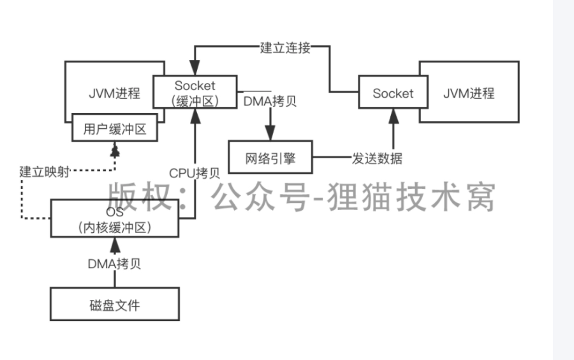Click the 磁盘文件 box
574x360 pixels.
[x=115, y=304]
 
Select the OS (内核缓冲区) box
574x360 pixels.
[x=115, y=219]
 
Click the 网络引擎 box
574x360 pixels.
[x=270, y=158]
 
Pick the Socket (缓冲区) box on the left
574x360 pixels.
[x=195, y=93]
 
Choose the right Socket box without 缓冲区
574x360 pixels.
[x=393, y=93]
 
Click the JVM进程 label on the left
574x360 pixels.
[x=114, y=93]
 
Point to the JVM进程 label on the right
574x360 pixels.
[x=469, y=93]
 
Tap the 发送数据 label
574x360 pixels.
[x=377, y=158]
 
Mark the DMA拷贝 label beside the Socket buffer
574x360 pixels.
[x=270, y=101]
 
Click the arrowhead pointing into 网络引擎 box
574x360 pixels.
[x=270, y=135]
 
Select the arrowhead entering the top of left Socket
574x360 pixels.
[x=195, y=68]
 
